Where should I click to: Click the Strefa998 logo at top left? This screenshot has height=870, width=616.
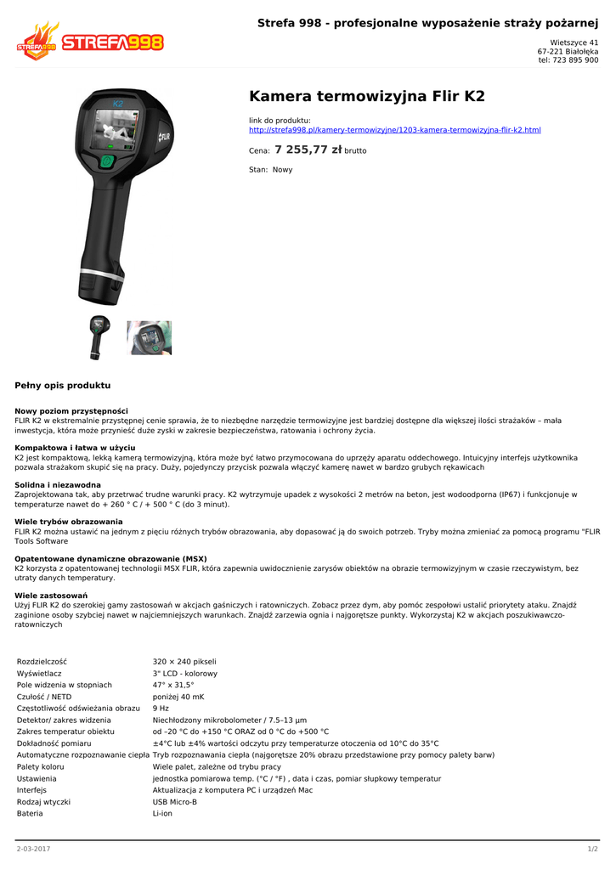[x=89, y=42]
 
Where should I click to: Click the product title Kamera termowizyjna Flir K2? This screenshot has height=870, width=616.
[x=366, y=96]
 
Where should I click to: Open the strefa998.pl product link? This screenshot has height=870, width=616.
[x=394, y=130]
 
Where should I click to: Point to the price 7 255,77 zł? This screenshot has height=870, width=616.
[x=308, y=150]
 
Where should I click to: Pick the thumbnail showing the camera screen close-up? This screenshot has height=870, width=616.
[x=150, y=337]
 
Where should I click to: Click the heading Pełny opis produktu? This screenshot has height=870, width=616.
[x=63, y=385]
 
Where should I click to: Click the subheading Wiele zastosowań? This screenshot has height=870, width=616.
[x=51, y=596]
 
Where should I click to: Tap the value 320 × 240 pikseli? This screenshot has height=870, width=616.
[x=184, y=661]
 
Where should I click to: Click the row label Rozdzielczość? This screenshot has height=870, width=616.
[x=42, y=661]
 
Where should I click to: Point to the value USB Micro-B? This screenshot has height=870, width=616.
[x=174, y=801]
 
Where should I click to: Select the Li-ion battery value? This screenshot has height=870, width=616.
[x=163, y=813]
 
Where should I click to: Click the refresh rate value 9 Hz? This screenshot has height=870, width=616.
[x=161, y=708]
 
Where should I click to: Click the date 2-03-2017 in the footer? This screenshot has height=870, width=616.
[x=34, y=849]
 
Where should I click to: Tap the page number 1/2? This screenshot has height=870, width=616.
[x=592, y=849]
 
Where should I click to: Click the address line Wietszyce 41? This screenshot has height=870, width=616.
[x=574, y=42]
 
